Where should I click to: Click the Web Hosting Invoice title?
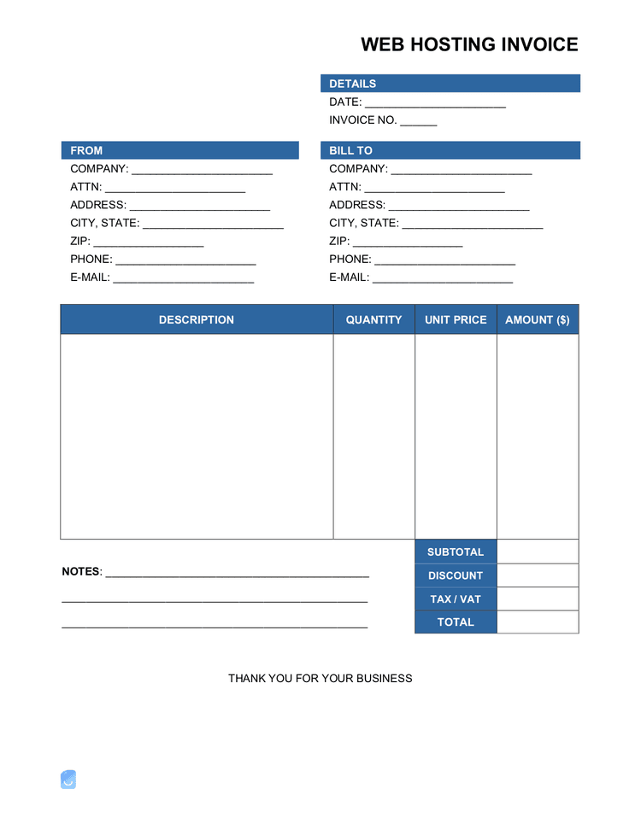pos(469,44)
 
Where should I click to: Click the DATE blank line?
pos(435,103)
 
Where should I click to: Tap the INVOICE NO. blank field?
pos(418,121)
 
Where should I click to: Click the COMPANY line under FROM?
pos(202,170)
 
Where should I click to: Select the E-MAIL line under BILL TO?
pos(442,278)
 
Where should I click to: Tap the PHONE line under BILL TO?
pos(444,260)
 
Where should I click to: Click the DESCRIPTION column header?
pos(196,320)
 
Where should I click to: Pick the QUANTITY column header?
pos(373,320)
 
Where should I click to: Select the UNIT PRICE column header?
pos(456,320)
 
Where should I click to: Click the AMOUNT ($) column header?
pos(538,320)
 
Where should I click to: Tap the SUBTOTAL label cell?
pos(456,552)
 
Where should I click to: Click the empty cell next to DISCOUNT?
pos(538,575)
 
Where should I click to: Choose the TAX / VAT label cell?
pos(456,599)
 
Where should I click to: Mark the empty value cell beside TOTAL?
pos(538,622)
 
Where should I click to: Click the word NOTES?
pos(81,571)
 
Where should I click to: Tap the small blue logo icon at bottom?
pos(68,779)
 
